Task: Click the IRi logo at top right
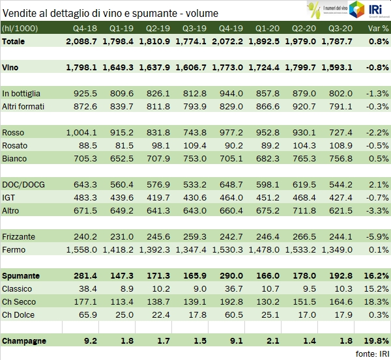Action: pyautogui.click(x=369, y=10)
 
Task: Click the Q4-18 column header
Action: pyautogui.click(x=85, y=29)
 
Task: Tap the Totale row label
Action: pyautogui.click(x=16, y=41)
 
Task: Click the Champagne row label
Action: pyautogui.click(x=25, y=340)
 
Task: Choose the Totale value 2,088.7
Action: pyautogui.click(x=81, y=41)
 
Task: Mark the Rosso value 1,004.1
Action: pyautogui.click(x=81, y=132)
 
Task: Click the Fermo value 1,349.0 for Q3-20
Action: pyautogui.click(x=341, y=249)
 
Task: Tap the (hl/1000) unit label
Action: pyautogui.click(x=20, y=29)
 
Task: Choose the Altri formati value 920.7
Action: pyautogui.click(x=300, y=106)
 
